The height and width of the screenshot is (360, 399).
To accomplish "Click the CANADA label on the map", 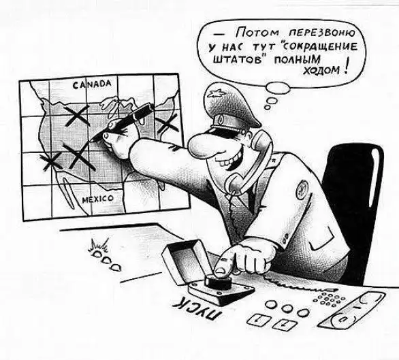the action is (x=92, y=84).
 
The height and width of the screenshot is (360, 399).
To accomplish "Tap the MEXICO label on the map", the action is (x=98, y=199).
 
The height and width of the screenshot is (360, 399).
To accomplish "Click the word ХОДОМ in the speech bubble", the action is (x=321, y=71).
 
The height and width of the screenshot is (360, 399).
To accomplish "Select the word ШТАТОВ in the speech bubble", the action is (x=237, y=59).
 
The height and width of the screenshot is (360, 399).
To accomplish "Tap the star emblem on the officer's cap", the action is (x=214, y=95).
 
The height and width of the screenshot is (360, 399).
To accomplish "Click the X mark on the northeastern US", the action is (x=166, y=124).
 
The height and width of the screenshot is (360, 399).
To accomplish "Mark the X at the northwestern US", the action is (x=76, y=116).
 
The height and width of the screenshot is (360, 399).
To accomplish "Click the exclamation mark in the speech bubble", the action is (x=346, y=67).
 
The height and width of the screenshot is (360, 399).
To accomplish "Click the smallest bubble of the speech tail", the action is (x=267, y=108).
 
